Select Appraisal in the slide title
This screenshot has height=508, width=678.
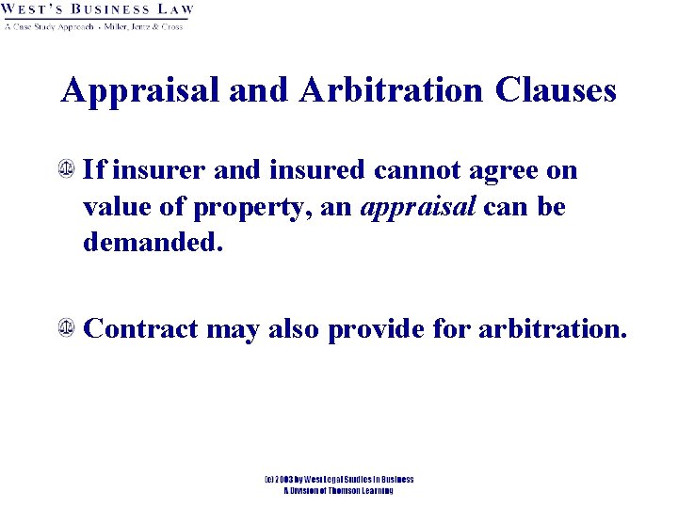tap(141, 91)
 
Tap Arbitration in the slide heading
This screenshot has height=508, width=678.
tap(393, 90)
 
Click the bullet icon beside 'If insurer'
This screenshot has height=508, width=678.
tap(68, 170)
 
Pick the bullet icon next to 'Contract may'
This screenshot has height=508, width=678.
tap(68, 328)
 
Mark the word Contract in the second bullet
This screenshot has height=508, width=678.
tap(140, 329)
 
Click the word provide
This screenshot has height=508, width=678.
tap(379, 329)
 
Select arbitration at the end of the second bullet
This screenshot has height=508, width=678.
tap(551, 329)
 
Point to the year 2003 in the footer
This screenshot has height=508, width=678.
tap(286, 480)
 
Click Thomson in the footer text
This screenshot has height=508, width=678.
tap(338, 490)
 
